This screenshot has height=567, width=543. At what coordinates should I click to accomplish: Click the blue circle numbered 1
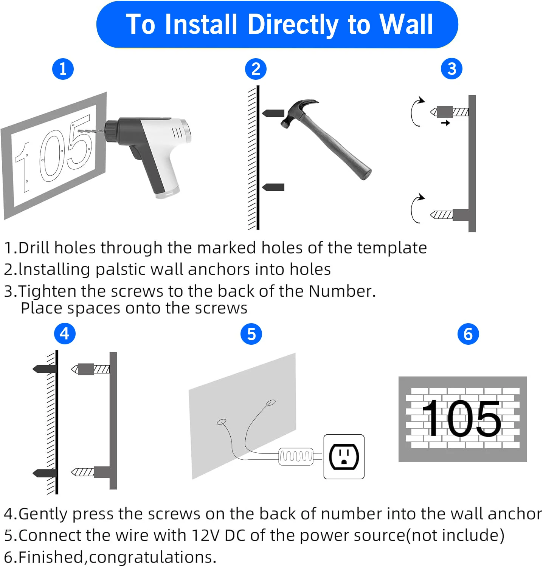click(63, 69)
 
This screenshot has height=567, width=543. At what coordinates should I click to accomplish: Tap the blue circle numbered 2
click(256, 69)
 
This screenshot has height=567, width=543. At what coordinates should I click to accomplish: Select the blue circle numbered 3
click(451, 69)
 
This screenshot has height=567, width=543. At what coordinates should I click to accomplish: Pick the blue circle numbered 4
click(65, 334)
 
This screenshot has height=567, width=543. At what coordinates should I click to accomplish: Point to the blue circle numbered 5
click(251, 334)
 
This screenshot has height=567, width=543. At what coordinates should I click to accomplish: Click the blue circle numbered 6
click(468, 334)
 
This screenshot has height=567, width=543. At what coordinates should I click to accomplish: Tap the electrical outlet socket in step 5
click(344, 457)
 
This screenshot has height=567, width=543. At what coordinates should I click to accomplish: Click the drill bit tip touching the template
click(79, 130)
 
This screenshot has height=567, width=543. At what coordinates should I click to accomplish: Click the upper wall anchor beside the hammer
click(273, 113)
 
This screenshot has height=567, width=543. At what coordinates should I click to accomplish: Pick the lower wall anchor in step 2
click(273, 187)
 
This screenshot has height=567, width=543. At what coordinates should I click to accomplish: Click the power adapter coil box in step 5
click(296, 456)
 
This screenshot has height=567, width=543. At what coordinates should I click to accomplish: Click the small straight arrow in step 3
click(445, 123)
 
